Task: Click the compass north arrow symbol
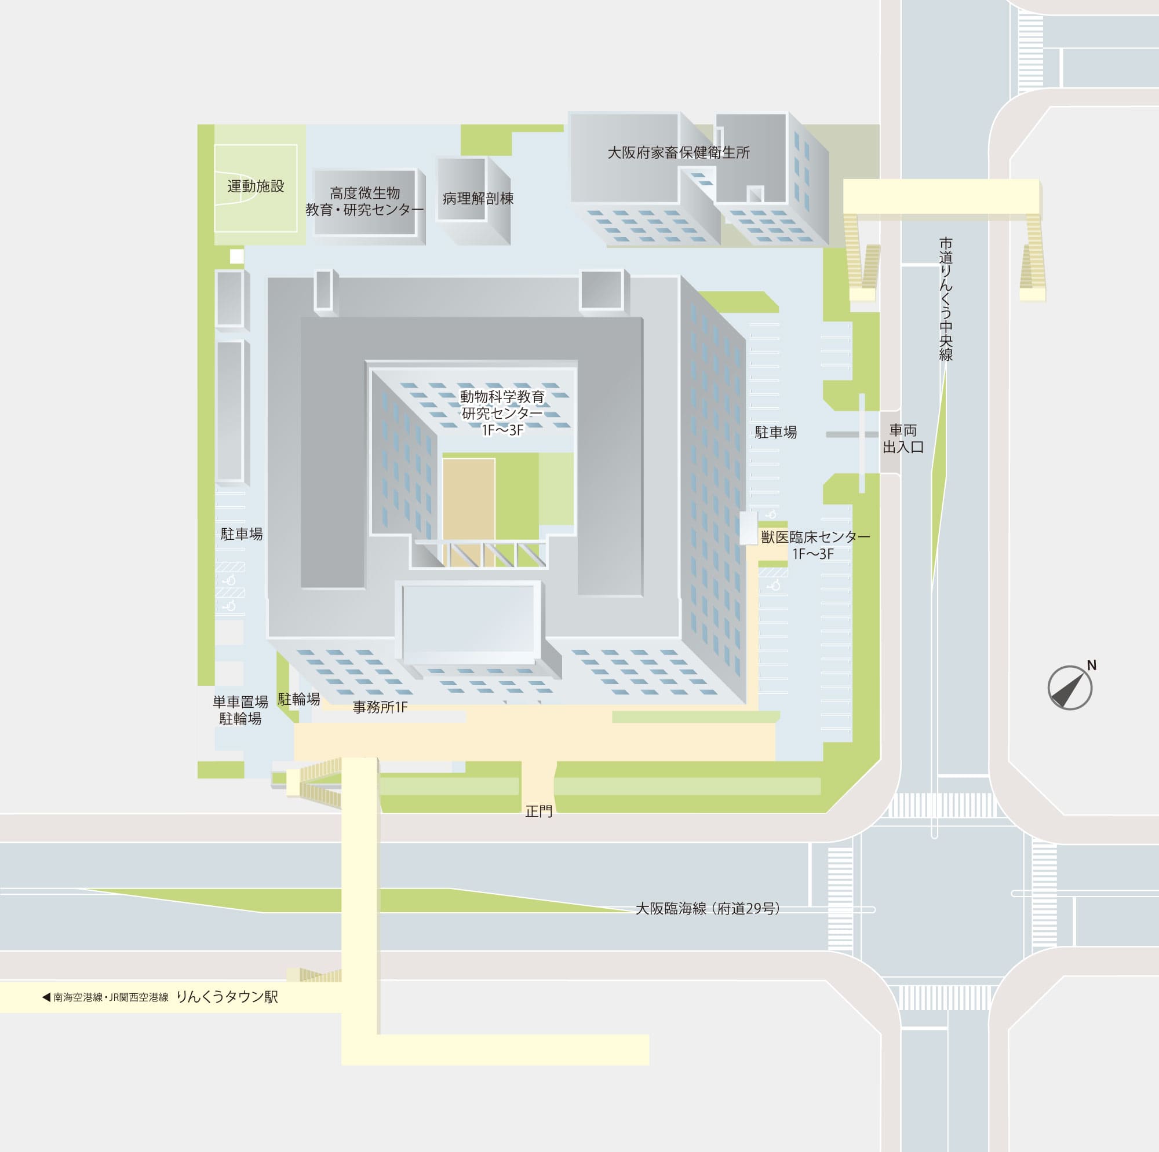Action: point(1070,689)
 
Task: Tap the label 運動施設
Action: point(256,186)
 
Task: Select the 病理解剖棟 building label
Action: point(478,199)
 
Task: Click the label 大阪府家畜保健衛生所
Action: point(679,152)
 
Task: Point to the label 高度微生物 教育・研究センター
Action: point(365,202)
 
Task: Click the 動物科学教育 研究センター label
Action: point(502,412)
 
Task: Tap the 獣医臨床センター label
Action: point(815,544)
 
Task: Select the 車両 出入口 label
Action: point(903,438)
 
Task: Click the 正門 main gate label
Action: point(539,811)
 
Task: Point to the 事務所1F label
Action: point(380,708)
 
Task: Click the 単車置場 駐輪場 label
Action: point(240,710)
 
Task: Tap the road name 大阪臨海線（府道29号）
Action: point(708,909)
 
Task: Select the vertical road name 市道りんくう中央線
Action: point(946,299)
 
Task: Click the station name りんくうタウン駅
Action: point(227,997)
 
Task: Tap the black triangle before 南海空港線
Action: point(46,997)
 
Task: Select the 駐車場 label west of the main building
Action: point(242,534)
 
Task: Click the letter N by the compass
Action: point(1092,665)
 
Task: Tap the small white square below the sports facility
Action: point(237,256)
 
